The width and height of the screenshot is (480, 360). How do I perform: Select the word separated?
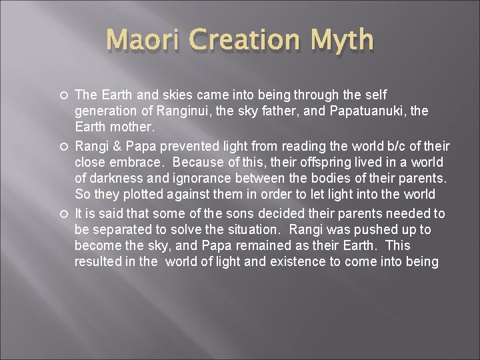pos(115,230)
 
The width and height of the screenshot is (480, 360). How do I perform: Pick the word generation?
pos(106,111)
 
